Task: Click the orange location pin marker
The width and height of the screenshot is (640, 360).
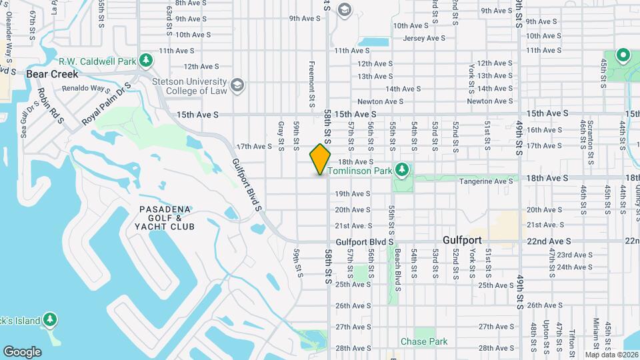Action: (x=321, y=159)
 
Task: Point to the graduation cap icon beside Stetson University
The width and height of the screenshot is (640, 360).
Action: (x=237, y=85)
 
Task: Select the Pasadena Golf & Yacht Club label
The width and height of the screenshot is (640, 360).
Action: (x=167, y=218)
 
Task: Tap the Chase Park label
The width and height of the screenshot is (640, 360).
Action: (x=424, y=341)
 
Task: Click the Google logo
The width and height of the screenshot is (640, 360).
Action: (x=22, y=352)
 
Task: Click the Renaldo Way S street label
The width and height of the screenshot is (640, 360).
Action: (x=87, y=88)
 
